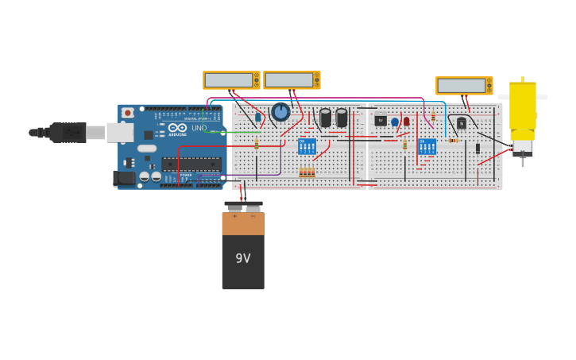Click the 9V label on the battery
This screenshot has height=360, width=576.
pyautogui.click(x=242, y=259)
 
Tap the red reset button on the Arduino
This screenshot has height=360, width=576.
pyautogui.click(x=127, y=113)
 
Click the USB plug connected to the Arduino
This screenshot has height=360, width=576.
pyautogui.click(x=68, y=132)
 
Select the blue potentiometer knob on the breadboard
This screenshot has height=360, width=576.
pyautogui.click(x=280, y=112)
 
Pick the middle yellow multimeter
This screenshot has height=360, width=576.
pyautogui.click(x=292, y=80)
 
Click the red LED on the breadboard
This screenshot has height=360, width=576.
pyautogui.click(x=406, y=122)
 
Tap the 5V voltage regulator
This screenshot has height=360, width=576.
pyautogui.click(x=381, y=121)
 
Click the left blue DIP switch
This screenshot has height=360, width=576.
pyautogui.click(x=307, y=146)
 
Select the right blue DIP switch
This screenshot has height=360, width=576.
pyautogui.click(x=427, y=146)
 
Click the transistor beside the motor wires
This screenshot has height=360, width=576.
pyautogui.click(x=462, y=123)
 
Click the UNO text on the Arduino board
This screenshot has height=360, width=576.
pyautogui.click(x=199, y=128)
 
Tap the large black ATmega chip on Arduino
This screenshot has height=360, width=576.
pyautogui.click(x=191, y=164)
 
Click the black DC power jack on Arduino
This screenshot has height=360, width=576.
pyautogui.click(x=124, y=178)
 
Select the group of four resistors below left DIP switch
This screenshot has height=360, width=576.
pyautogui.click(x=307, y=172)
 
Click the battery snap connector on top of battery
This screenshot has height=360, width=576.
pyautogui.click(x=243, y=207)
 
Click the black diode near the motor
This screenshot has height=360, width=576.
pyautogui.click(x=477, y=148)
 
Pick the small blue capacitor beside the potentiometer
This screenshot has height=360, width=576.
pyautogui.click(x=258, y=118)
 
